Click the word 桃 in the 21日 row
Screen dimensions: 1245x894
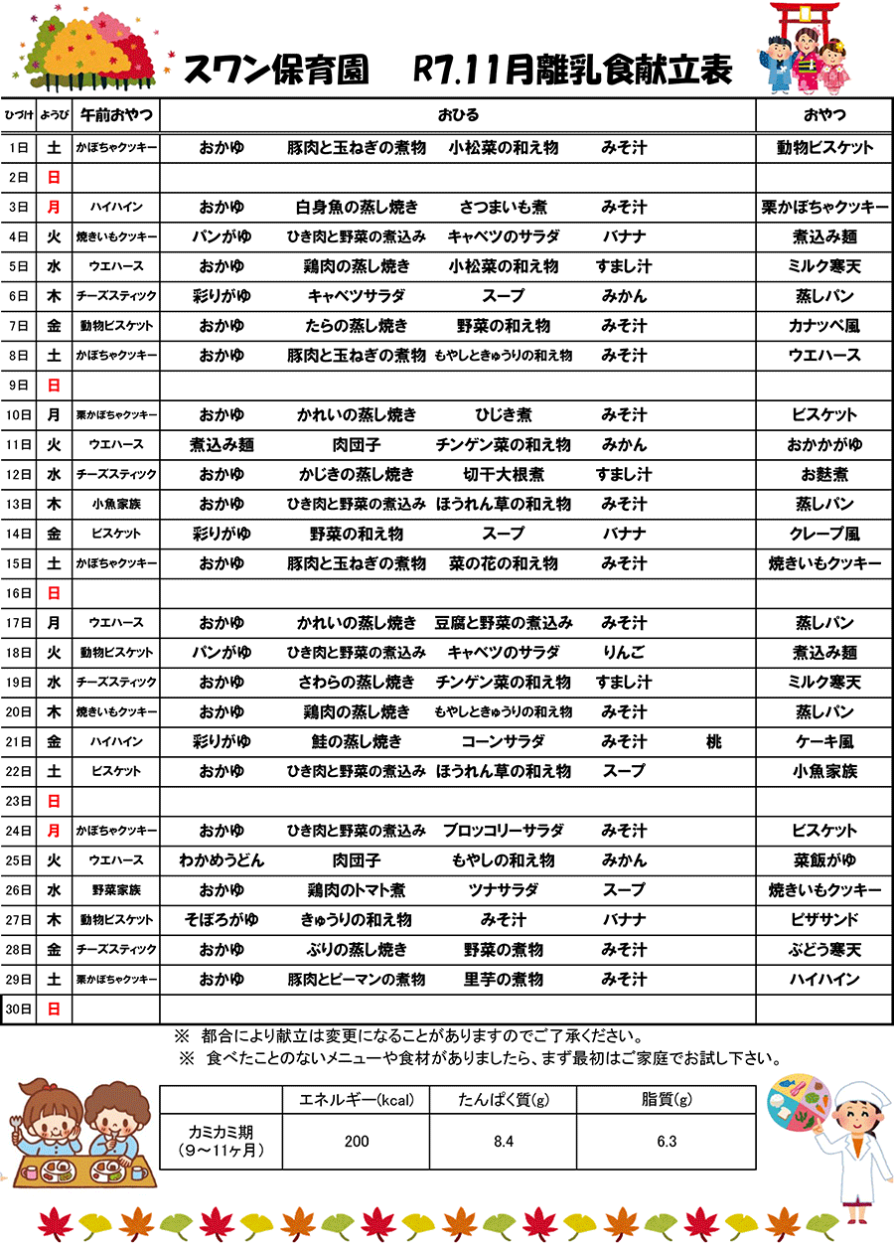click(x=713, y=742)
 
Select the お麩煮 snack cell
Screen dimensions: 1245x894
click(x=824, y=475)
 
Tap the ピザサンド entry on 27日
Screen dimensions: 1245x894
click(x=824, y=920)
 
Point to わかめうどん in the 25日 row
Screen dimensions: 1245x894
click(x=222, y=860)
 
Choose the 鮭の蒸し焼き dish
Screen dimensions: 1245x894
click(x=357, y=742)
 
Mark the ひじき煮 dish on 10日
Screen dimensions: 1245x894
click(x=503, y=415)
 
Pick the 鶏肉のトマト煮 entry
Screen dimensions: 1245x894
click(x=357, y=890)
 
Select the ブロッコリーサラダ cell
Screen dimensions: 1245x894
click(x=503, y=831)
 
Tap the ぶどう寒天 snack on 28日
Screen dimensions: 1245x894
click(x=824, y=950)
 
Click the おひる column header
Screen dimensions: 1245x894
click(x=458, y=115)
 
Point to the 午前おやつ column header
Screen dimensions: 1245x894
click(x=116, y=115)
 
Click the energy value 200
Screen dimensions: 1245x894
click(x=357, y=1142)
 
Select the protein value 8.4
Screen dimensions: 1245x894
click(x=503, y=1142)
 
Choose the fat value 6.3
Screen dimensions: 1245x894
click(x=667, y=1142)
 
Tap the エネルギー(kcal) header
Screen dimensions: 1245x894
click(x=357, y=1100)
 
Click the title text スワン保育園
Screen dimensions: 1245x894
click(x=276, y=70)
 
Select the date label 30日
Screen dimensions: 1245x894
click(x=18, y=1010)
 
